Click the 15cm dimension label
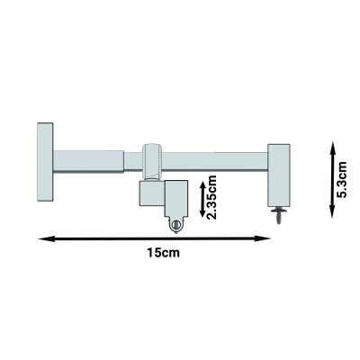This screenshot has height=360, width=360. (x=164, y=253)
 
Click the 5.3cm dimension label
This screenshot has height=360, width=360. (x=342, y=179)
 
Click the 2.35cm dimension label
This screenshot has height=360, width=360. (x=211, y=197)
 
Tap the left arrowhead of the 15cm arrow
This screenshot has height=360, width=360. (x=47, y=238)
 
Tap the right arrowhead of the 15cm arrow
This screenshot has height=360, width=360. (x=263, y=238)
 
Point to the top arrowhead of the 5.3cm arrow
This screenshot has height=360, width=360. (x=332, y=148)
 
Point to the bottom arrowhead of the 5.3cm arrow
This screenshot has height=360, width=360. (x=332, y=211)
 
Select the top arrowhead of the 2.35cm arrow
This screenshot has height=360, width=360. (x=202, y=185)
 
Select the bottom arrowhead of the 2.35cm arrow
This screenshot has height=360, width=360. (x=202, y=212)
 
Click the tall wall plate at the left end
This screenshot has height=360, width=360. (x=45, y=162)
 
